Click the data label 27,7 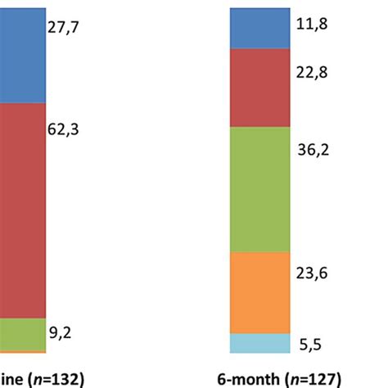66,27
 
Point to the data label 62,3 66,129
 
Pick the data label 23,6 311,275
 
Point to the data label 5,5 309,345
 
